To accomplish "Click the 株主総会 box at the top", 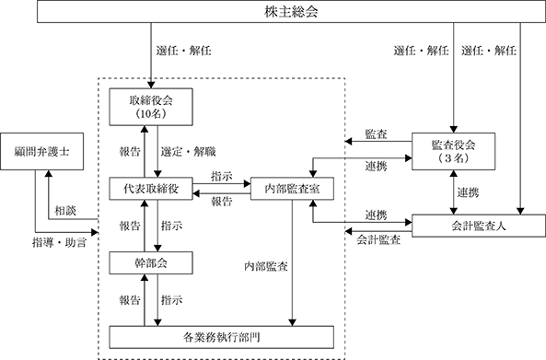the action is pos(291,12).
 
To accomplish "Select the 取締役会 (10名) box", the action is pos(151,107).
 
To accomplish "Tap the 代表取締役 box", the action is pos(151,189).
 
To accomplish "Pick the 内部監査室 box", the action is pos(292,189).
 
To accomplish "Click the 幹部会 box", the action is pos(151,262).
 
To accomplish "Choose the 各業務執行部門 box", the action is pos(222,337).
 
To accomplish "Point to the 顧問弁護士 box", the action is pos(41,151).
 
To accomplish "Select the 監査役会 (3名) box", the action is pos(453,151).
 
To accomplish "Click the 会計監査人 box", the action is pos(479,226).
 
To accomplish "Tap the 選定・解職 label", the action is pos(189,152).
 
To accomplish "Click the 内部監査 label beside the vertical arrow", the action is pos(266,267).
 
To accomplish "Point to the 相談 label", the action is pos(65,211).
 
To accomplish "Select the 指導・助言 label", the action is pos(60,243).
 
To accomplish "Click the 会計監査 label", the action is pos(378,240).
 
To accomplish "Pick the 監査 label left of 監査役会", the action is pos(376,134).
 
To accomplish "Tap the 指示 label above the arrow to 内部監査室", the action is pos(222,176).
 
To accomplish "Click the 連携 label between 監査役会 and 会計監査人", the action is pos(468,192).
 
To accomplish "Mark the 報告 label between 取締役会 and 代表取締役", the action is pos(130,152).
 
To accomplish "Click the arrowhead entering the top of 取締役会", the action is pos(151,86).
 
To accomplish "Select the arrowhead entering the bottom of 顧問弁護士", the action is pos(49,173).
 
